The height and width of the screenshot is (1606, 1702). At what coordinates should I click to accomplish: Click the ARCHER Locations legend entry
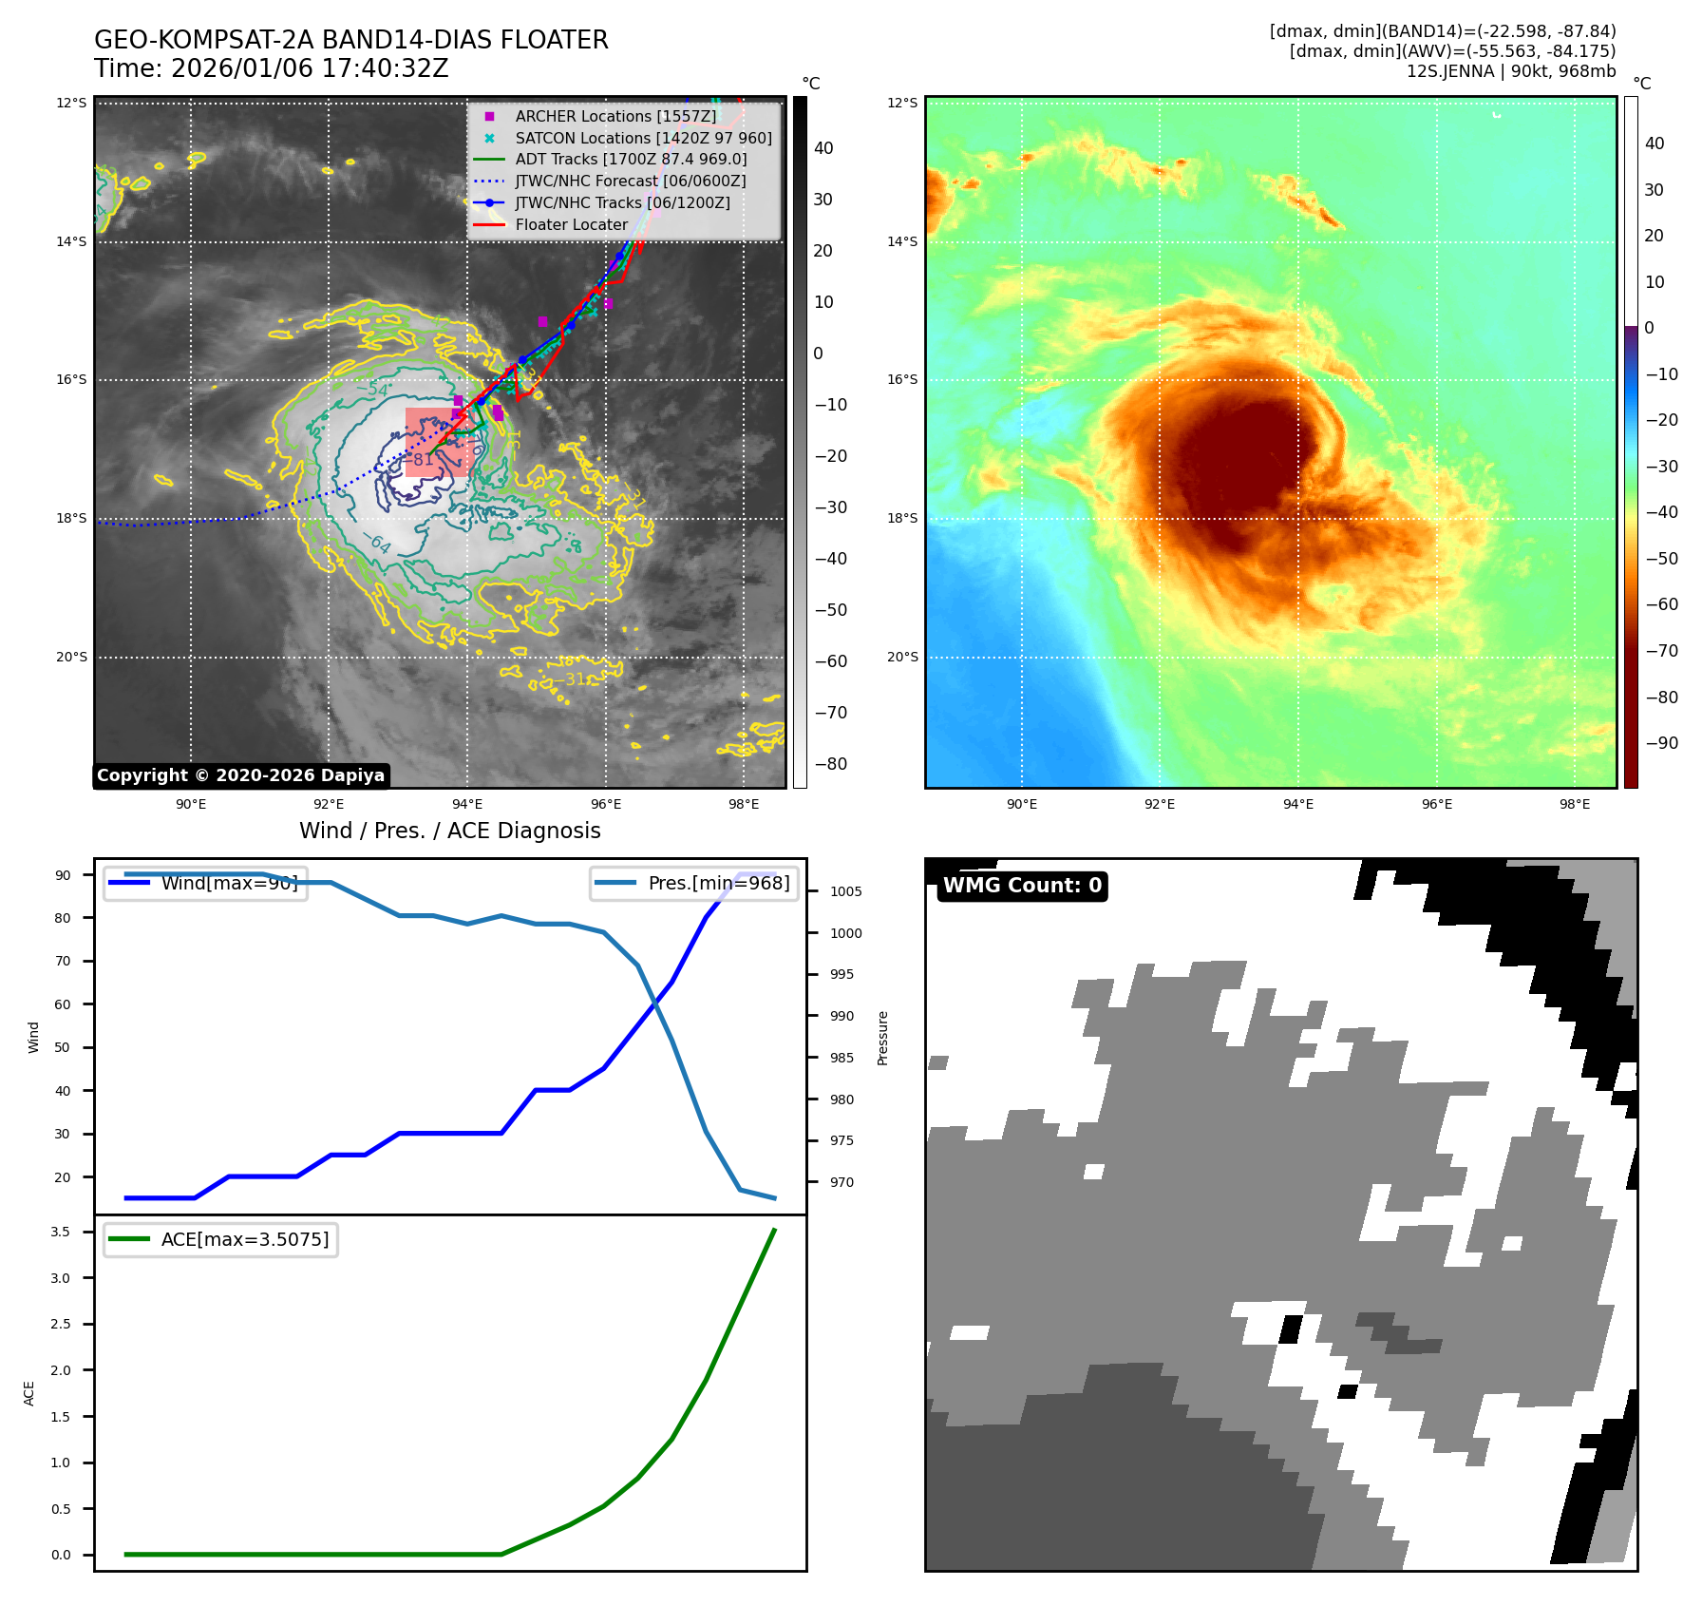click(x=615, y=116)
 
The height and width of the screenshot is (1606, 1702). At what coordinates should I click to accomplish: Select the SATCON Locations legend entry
click(x=643, y=138)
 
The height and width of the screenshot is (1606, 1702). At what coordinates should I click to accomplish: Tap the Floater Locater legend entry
click(x=571, y=224)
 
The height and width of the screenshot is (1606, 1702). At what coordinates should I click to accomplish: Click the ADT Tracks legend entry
click(x=631, y=159)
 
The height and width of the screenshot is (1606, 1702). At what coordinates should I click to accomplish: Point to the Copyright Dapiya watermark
click(x=240, y=775)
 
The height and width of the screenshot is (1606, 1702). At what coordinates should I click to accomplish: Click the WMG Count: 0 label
click(x=1022, y=886)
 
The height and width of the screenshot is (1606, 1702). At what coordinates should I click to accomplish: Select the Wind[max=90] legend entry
click(x=229, y=883)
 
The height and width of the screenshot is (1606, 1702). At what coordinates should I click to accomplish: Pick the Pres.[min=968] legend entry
click(x=718, y=883)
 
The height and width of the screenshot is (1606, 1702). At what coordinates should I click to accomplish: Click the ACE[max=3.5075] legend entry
click(x=244, y=1239)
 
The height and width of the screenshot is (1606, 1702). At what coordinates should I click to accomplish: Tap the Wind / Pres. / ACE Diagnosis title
click(x=449, y=831)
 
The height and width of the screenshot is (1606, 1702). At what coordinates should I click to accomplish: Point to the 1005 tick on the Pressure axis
click(x=845, y=891)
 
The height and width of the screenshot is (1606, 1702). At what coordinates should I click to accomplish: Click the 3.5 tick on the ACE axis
click(x=61, y=1232)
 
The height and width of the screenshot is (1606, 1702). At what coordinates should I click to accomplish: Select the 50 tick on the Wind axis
click(x=63, y=1047)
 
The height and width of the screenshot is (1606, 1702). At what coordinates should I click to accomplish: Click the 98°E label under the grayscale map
click(x=743, y=804)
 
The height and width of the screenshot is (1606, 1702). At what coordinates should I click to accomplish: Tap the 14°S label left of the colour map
click(x=902, y=241)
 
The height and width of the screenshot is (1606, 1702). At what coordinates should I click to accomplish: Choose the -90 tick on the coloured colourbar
click(x=1661, y=742)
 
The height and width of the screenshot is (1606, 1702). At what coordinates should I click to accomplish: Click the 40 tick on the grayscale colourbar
click(x=823, y=148)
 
